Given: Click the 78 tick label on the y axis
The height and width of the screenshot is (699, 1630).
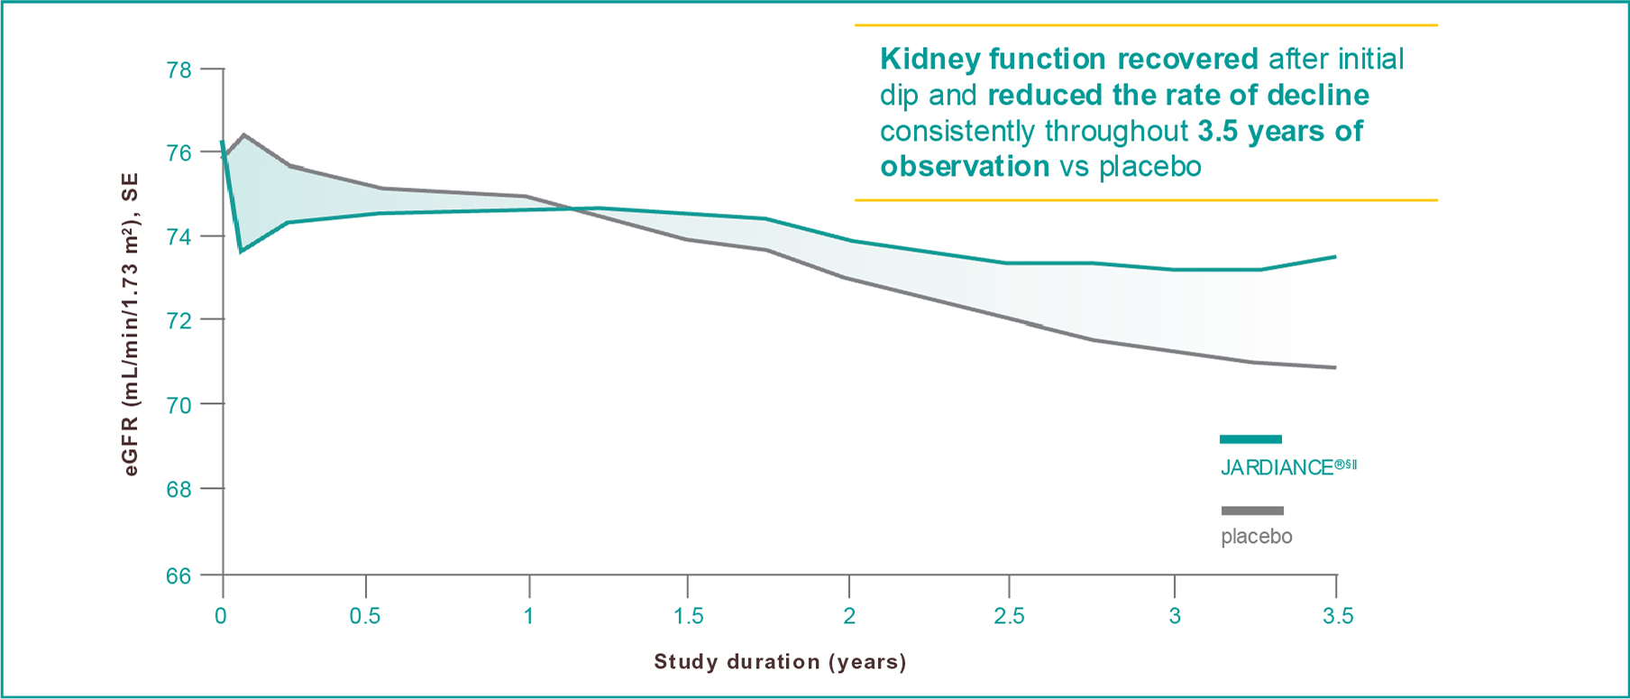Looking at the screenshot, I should click(179, 69).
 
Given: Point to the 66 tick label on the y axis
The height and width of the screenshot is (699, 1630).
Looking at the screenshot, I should click(179, 575).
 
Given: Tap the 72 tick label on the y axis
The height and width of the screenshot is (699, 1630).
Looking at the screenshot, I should click(179, 321).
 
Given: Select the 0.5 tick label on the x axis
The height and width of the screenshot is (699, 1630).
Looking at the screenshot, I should click(365, 617).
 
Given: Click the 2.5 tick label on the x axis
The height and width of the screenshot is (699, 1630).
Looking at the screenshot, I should click(1009, 617).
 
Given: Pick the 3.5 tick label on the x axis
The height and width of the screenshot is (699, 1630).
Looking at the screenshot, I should click(1338, 617).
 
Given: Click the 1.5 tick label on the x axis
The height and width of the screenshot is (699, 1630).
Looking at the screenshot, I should click(689, 617).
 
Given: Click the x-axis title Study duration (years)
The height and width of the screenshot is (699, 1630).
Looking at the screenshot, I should click(780, 662).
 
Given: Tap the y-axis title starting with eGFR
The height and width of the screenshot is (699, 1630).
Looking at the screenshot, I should click(131, 325).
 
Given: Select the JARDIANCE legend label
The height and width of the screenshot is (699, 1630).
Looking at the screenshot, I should click(1287, 467).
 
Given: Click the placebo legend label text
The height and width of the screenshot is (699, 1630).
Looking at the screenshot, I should click(1256, 537).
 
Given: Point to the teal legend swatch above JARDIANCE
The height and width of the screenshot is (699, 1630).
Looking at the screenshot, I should click(1250, 439).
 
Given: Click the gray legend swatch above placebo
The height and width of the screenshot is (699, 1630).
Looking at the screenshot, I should click(1251, 510).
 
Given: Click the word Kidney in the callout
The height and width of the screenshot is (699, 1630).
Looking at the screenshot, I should click(929, 60).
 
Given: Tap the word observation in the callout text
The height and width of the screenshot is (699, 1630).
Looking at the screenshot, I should click(965, 167).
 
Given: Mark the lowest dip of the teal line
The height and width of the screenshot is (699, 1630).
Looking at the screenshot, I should click(241, 252).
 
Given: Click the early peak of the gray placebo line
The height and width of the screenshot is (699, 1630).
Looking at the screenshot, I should click(243, 134).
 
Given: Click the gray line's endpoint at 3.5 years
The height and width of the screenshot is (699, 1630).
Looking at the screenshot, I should click(1335, 367).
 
